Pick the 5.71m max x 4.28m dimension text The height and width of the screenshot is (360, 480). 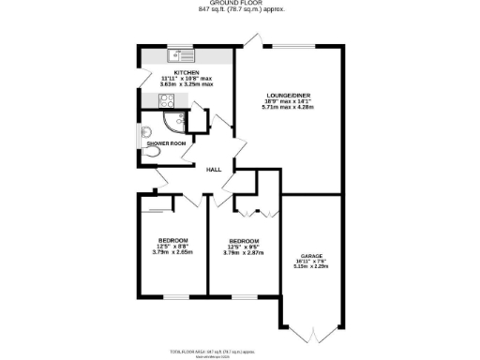point(287,108)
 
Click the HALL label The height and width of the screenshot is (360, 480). point(214,170)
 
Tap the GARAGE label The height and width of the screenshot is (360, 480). point(311,255)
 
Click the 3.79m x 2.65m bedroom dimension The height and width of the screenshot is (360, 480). point(172,251)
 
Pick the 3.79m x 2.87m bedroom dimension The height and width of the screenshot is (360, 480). point(243,252)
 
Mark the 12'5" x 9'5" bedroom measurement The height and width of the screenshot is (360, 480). point(243,246)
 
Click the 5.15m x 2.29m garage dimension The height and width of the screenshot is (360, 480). point(311,266)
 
